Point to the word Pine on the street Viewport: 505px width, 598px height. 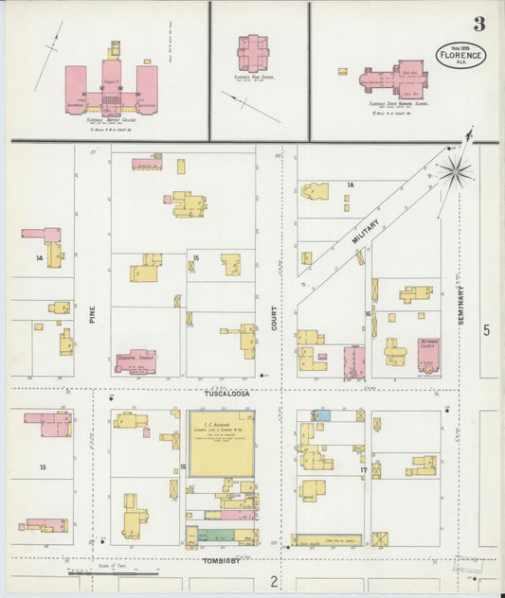(93, 316)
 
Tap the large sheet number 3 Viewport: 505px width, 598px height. (480, 24)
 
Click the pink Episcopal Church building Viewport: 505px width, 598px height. (135, 361)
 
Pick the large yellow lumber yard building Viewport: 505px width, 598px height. (221, 443)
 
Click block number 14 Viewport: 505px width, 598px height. (40, 257)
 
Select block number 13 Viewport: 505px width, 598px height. (43, 467)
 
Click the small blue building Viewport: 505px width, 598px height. (323, 415)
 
